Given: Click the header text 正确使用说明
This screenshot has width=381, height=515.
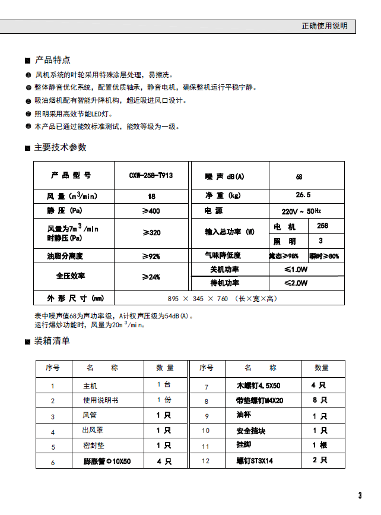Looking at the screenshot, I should coord(324,26).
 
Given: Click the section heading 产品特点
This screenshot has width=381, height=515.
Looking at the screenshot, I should coord(52,60).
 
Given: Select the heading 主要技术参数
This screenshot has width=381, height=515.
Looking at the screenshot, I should coord(60,147).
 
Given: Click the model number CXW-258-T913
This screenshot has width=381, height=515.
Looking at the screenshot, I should coord(151,176).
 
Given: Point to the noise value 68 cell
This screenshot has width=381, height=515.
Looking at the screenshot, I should coord(299,176).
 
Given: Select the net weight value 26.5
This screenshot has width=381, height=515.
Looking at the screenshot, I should coord(303,195).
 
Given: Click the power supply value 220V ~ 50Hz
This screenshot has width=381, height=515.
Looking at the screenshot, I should coord(301,211).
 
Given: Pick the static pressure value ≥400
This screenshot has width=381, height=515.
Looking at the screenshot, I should coord(151,211).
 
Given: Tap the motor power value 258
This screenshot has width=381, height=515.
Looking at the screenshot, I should coord(323,226).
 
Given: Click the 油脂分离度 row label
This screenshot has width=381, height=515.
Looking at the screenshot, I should coord(65,256).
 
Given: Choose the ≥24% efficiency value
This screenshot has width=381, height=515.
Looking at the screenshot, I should coord(151,277).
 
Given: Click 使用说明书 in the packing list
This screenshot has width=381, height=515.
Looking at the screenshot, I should coord(101,400).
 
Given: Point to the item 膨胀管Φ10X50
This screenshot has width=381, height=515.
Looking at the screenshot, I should coord(107,461).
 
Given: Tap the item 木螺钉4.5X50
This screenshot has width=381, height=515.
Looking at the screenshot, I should coord(259,386).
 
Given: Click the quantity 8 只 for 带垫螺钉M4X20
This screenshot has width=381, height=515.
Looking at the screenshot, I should coord(319,400).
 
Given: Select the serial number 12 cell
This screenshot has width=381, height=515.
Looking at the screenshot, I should coord(206,461).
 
